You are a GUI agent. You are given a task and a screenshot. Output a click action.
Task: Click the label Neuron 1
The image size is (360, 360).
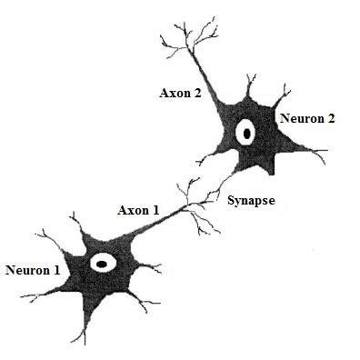(x=33, y=270)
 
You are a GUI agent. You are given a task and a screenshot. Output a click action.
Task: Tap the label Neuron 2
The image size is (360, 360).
(x=307, y=117)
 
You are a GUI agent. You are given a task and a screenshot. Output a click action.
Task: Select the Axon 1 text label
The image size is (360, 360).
(x=138, y=210)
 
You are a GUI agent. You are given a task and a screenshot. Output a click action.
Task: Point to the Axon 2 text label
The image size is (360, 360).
(x=180, y=93)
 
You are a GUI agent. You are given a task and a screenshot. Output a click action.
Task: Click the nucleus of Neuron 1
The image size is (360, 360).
(x=102, y=265)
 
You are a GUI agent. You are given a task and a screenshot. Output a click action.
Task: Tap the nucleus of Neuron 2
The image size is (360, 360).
(x=245, y=134)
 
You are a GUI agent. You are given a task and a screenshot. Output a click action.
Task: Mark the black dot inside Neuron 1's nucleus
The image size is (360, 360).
(x=102, y=265)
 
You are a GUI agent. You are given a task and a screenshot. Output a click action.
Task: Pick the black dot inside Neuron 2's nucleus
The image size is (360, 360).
(x=245, y=135)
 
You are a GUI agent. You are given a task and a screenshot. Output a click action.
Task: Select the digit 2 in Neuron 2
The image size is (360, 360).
(x=331, y=117)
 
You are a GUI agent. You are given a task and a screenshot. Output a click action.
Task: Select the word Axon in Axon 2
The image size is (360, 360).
(x=175, y=93)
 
